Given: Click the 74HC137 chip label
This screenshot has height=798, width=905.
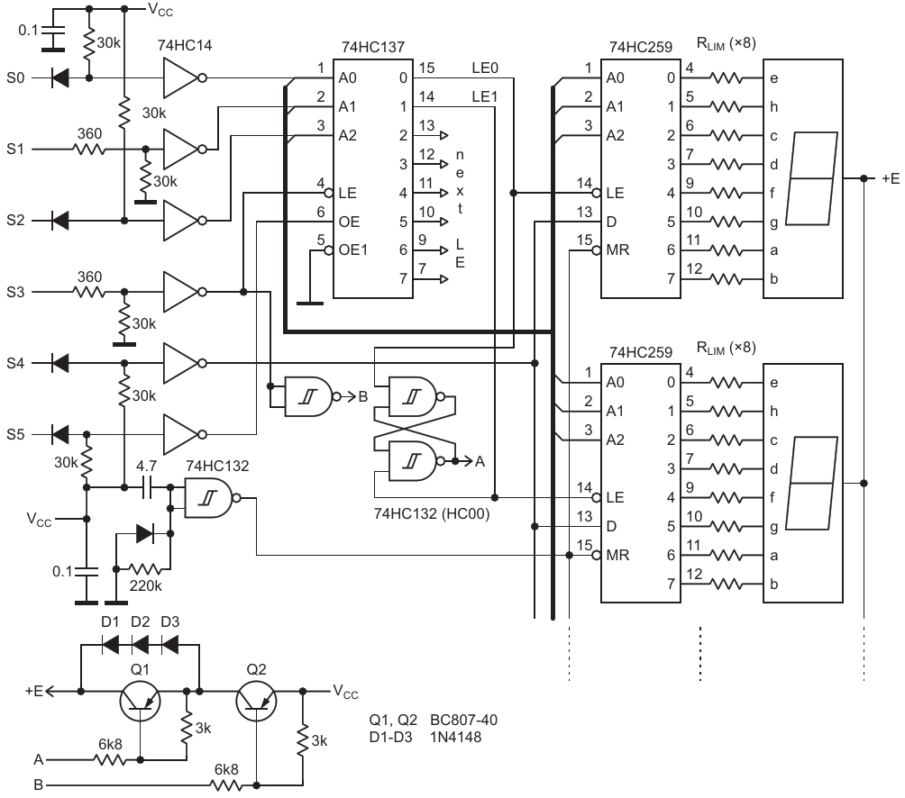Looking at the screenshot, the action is click(373, 47).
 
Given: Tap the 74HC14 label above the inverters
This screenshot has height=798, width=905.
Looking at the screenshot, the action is click(185, 46).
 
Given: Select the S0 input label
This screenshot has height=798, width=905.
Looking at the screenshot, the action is click(15, 77).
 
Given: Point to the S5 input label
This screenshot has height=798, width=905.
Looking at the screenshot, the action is click(15, 434).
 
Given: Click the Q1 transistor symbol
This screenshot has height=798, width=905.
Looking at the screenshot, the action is click(140, 701).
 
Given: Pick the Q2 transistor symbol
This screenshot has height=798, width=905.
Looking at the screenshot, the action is click(256, 701).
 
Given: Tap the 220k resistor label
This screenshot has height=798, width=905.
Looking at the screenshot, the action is click(145, 586).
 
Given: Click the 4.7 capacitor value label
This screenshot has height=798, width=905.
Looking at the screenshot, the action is click(147, 466).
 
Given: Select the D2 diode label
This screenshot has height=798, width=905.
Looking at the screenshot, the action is click(141, 621).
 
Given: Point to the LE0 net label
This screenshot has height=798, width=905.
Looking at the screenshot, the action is click(485, 68).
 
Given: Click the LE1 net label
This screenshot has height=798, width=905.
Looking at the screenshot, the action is click(485, 97).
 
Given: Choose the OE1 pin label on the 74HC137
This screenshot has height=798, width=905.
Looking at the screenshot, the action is click(353, 249).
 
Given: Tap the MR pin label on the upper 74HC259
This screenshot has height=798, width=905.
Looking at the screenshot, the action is click(617, 249).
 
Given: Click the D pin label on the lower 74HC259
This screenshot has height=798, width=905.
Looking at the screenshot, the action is click(611, 526).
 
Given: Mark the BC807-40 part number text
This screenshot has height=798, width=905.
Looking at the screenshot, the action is click(463, 721).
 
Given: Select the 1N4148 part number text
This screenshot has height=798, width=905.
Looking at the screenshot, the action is click(455, 737).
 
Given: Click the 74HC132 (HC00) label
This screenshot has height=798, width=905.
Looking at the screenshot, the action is click(432, 513).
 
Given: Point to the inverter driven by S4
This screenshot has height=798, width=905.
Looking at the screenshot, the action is click(185, 363).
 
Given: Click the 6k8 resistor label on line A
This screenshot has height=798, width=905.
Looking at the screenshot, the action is click(110, 744).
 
